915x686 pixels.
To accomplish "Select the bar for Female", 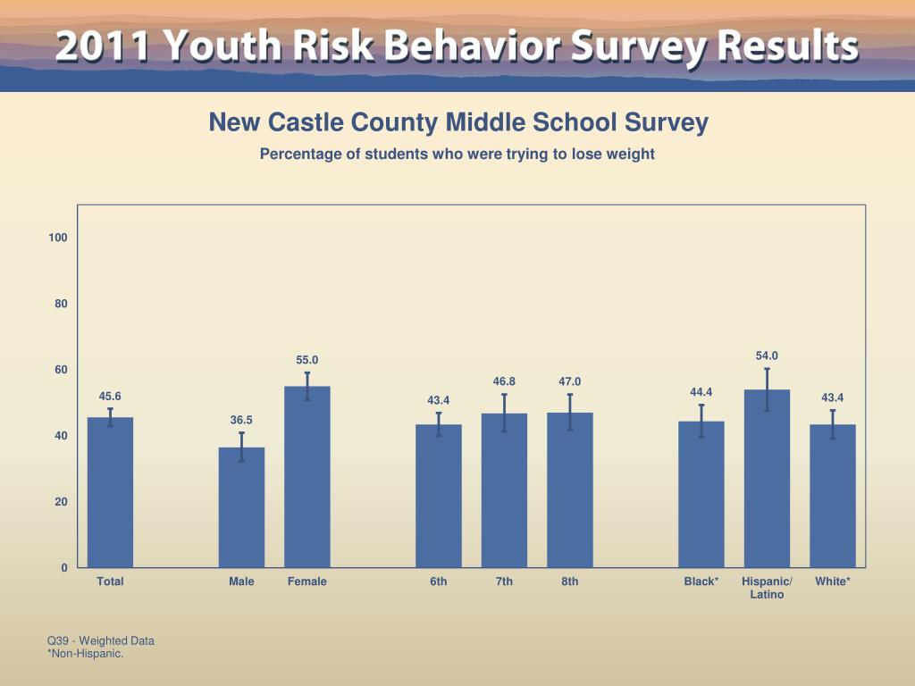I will (307, 477).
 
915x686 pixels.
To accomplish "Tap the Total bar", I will (110, 492).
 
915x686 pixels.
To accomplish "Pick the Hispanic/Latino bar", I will (767, 479).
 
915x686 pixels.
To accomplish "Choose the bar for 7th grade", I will (504, 490).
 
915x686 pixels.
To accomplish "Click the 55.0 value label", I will (307, 360).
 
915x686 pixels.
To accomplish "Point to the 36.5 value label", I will (241, 420).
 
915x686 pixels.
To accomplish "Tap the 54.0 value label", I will (767, 356).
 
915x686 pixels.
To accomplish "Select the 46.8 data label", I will (504, 381).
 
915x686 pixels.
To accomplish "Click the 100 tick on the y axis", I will (58, 238).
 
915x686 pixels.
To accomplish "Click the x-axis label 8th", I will (570, 581).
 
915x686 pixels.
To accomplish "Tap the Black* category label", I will (701, 581).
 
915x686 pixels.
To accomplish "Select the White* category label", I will (833, 581).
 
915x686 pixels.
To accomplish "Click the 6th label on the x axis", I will (439, 581).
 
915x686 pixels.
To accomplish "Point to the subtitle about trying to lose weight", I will (457, 154).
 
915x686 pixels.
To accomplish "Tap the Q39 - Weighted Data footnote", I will (101, 640).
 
